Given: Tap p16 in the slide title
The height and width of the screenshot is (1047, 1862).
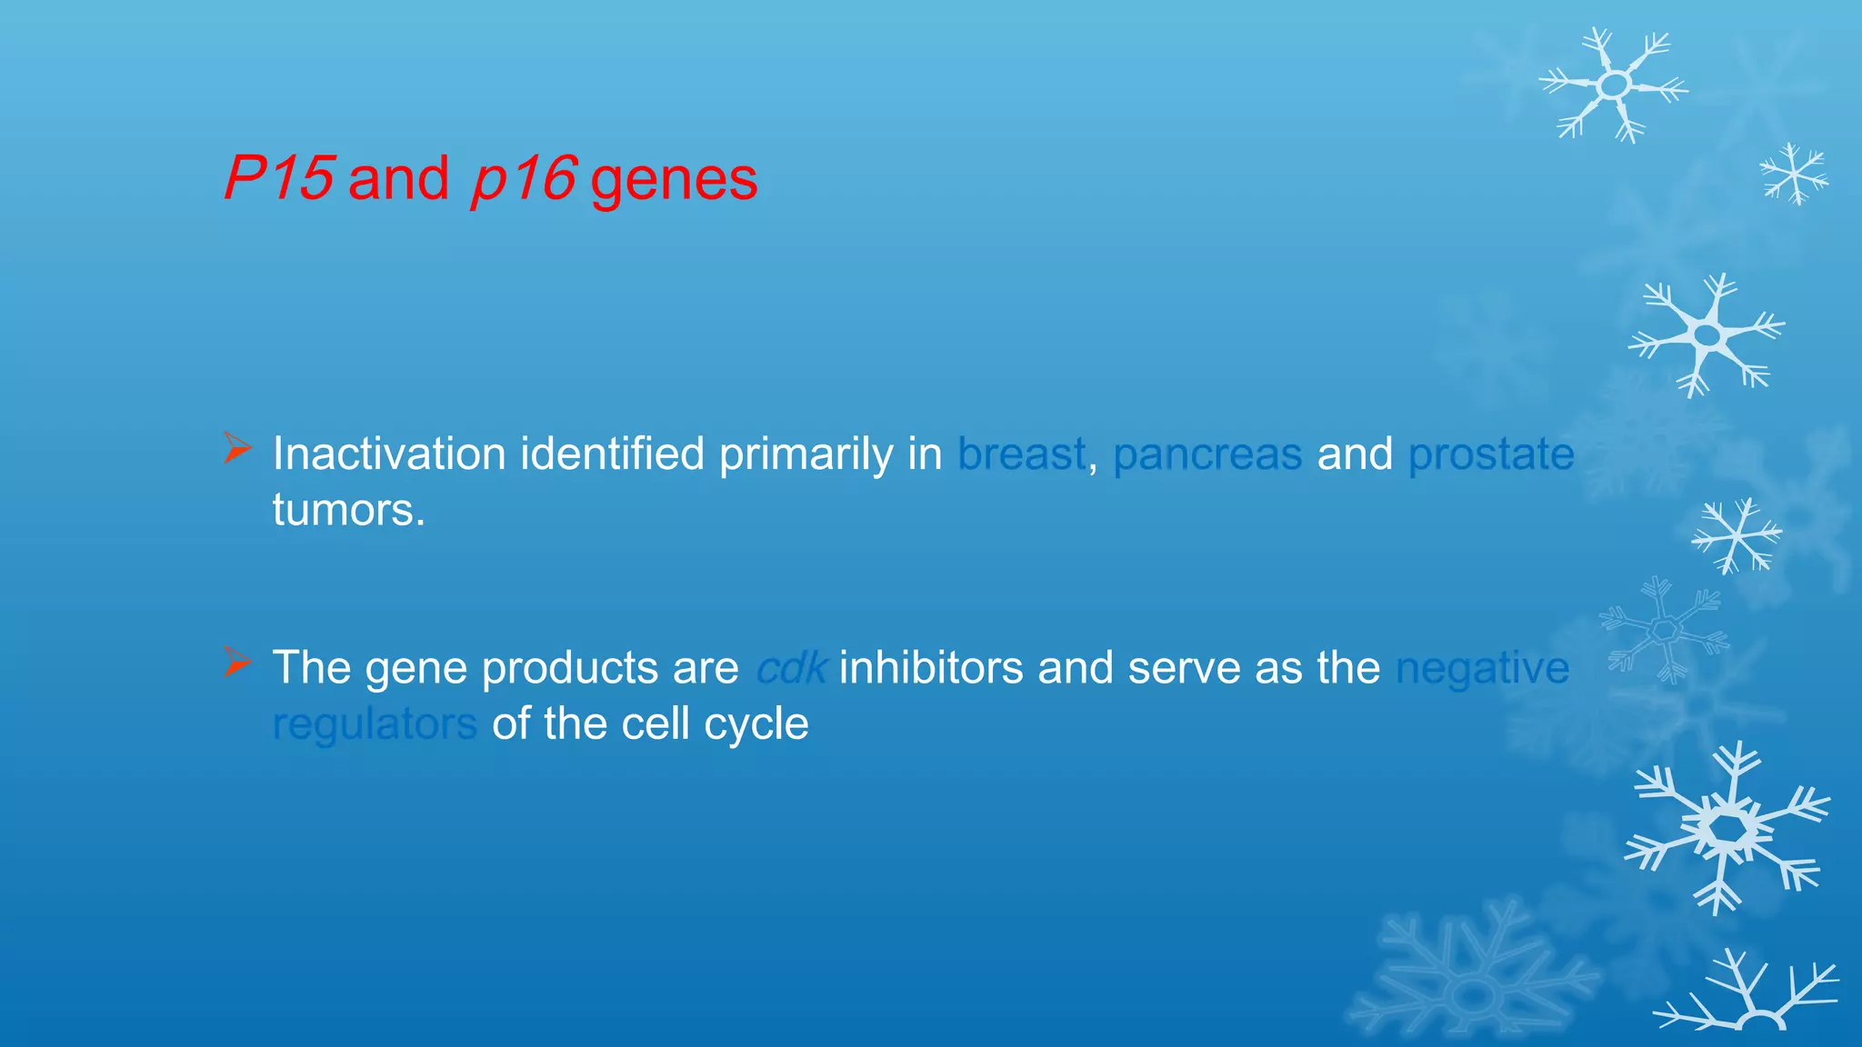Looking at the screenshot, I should (523, 178).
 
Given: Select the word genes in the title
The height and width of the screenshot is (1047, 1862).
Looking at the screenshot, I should (674, 180).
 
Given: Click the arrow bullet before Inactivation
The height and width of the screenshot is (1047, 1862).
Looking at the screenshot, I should (236, 449).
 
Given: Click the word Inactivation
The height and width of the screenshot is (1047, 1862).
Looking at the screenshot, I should (389, 454).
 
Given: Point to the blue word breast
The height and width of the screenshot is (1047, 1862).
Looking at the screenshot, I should (1021, 454).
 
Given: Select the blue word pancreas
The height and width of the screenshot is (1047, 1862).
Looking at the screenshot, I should (1206, 455).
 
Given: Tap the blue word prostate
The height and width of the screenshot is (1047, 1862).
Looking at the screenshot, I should (1490, 455).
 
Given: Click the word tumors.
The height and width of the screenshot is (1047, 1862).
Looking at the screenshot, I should (348, 510).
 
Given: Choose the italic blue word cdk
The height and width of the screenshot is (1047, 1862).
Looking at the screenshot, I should (791, 668).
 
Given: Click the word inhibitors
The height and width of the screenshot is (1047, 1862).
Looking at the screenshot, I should (931, 668).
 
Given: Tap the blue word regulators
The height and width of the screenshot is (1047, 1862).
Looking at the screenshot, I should (375, 725).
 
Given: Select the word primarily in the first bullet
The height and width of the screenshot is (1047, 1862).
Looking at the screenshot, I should (806, 455).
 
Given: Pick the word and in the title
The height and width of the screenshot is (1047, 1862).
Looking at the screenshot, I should (398, 178).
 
